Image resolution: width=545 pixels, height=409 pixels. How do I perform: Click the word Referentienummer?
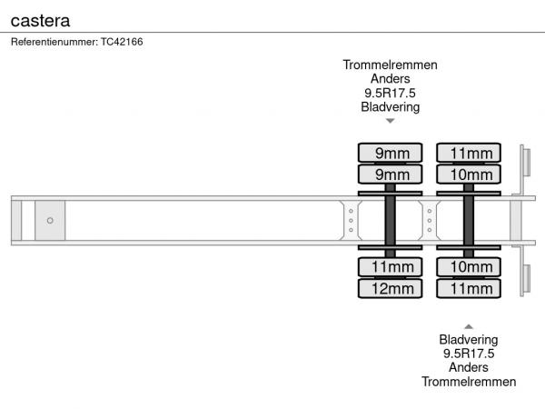click(x=48, y=42)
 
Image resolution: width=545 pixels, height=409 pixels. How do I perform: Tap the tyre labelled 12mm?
click(x=390, y=289)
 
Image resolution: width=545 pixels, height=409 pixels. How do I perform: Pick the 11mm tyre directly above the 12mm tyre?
click(x=390, y=267)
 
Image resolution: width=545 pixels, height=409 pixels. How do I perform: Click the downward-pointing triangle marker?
click(x=390, y=121)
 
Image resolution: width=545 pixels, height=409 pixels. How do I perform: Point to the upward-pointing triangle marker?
click(x=469, y=325)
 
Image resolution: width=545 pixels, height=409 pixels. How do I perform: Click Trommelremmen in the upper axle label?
click(x=390, y=65)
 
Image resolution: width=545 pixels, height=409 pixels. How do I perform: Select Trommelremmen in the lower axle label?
click(x=469, y=382)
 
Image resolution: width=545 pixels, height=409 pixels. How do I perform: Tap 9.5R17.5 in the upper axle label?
click(x=390, y=93)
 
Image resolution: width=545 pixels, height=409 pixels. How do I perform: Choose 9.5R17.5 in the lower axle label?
click(x=469, y=354)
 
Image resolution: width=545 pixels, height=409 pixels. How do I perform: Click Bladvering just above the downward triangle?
click(x=390, y=107)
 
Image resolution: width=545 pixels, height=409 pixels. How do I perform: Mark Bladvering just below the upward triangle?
click(x=469, y=340)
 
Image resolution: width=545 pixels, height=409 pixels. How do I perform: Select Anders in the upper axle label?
click(x=390, y=79)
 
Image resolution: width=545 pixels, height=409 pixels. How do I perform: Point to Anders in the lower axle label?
click(x=469, y=368)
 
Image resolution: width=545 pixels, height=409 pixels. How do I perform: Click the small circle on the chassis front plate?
click(x=50, y=220)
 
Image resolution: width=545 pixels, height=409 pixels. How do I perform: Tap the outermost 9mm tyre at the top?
click(x=390, y=152)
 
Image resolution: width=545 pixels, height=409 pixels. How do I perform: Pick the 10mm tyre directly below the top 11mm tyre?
click(x=469, y=174)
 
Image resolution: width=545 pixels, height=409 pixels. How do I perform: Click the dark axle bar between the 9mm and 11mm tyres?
click(x=390, y=219)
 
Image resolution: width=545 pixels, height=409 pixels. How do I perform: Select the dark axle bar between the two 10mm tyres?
click(x=469, y=219)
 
